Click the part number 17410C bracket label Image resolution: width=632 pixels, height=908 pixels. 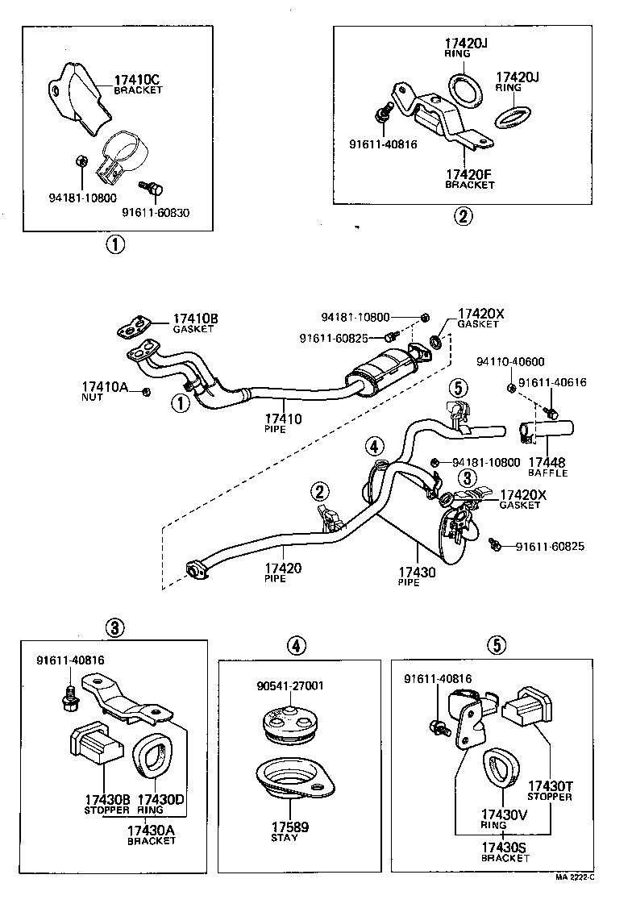click(138, 80)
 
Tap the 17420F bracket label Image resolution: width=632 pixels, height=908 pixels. click(469, 173)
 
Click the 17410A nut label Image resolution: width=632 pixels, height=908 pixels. click(105, 388)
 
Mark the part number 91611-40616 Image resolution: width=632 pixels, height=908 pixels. click(552, 384)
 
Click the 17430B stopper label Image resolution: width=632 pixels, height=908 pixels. click(107, 800)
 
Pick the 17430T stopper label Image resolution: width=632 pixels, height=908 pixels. click(550, 786)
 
